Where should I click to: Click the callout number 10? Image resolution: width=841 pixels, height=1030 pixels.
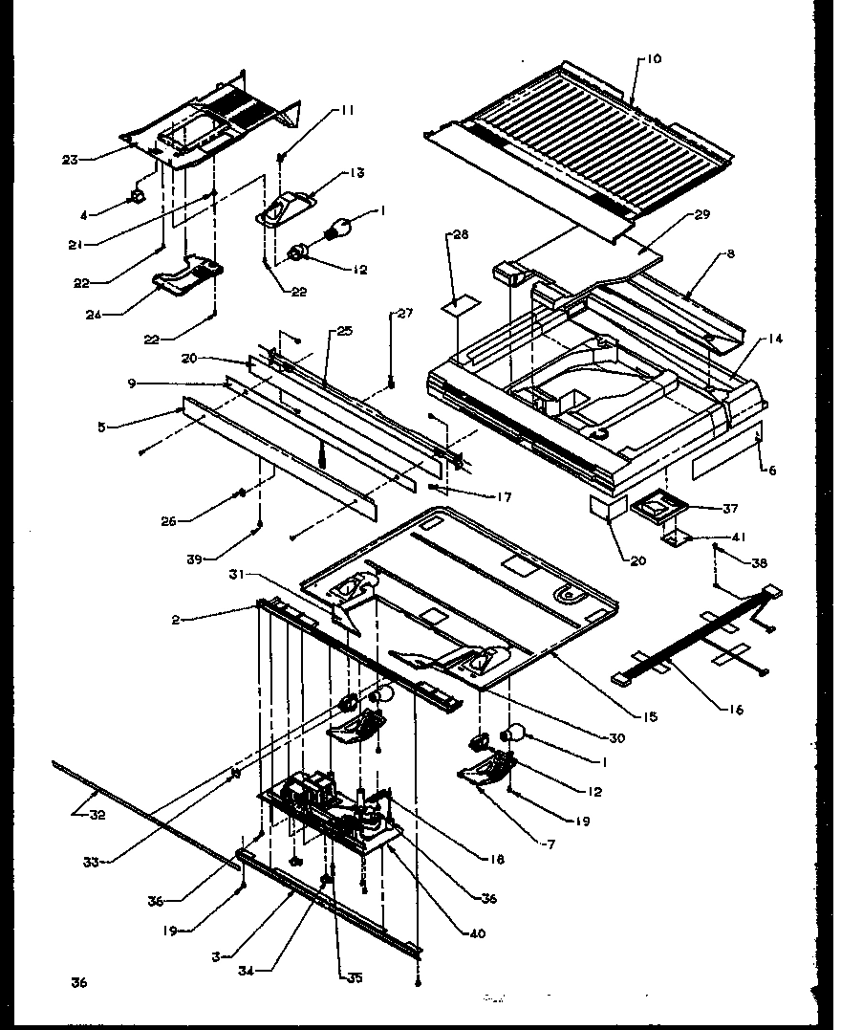coord(653,59)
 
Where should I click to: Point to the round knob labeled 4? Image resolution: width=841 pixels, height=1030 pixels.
coord(137,195)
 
